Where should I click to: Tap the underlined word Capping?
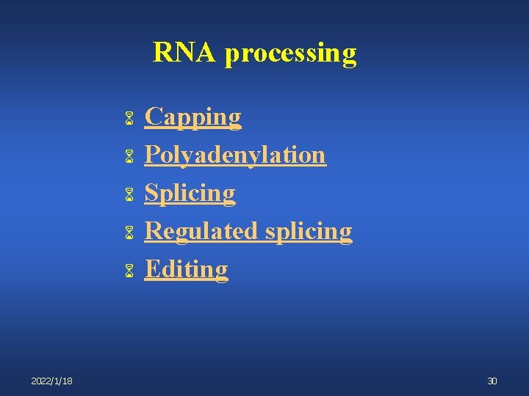point(192,117)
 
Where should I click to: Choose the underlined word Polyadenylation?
point(235,155)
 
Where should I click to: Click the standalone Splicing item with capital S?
point(190,194)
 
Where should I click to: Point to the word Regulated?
point(201,231)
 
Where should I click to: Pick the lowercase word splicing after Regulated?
point(308,232)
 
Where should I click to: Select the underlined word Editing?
point(186,269)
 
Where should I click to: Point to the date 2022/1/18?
point(51,381)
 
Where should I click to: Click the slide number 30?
point(492,381)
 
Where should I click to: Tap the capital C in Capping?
point(154,117)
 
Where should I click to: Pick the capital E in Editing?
point(152,269)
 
